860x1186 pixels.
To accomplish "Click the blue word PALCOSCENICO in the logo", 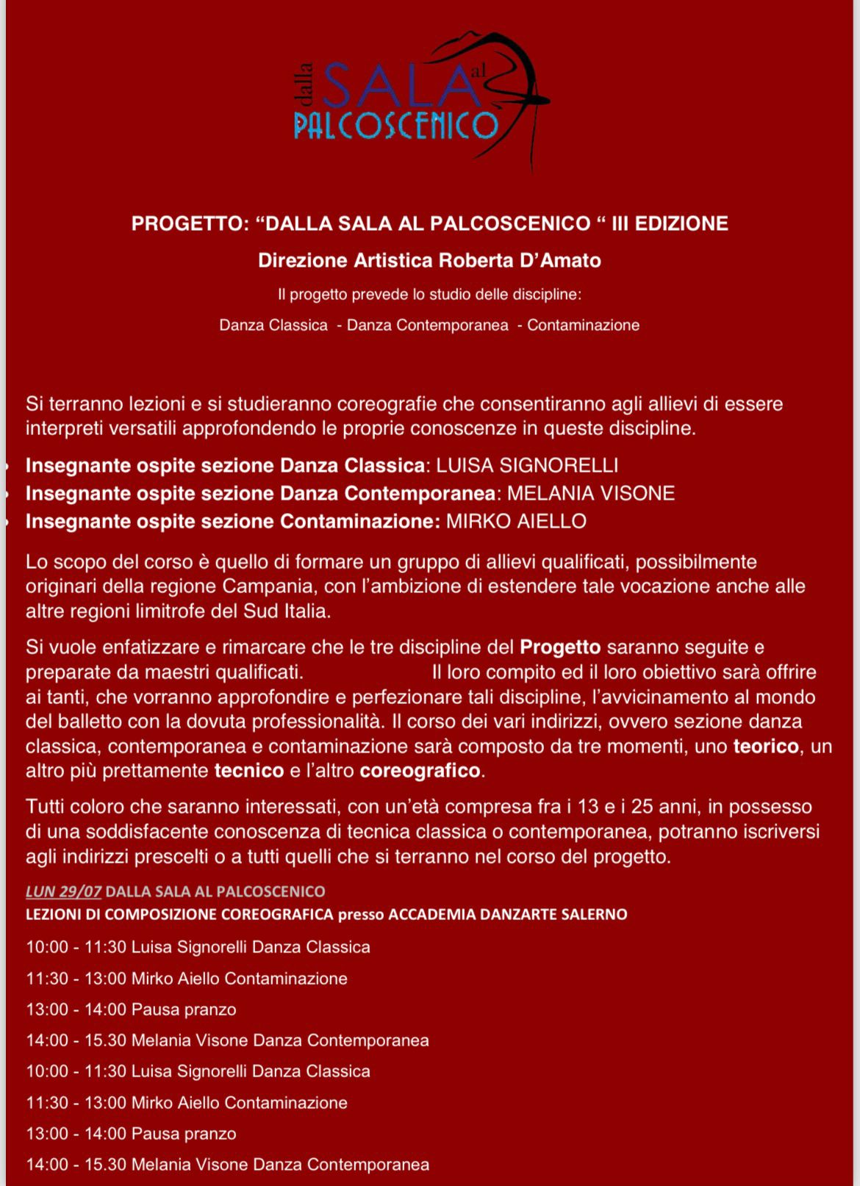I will [x=395, y=125].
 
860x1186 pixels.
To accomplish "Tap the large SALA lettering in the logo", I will [x=397, y=87].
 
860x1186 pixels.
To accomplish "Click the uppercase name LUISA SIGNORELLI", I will [x=527, y=465].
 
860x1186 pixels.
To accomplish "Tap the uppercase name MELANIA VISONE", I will [x=591, y=493].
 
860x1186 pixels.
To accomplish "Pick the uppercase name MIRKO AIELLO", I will [x=517, y=522].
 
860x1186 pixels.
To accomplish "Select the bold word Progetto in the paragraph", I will [x=560, y=647].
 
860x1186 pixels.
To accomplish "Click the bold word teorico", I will [x=766, y=747].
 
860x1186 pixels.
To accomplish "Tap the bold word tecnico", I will [x=248, y=771].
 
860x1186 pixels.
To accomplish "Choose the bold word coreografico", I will [x=420, y=771].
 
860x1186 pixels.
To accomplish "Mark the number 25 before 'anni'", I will [x=642, y=807].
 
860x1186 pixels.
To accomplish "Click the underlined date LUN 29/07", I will [x=63, y=891].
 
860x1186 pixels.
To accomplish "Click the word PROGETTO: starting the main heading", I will [x=190, y=223].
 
